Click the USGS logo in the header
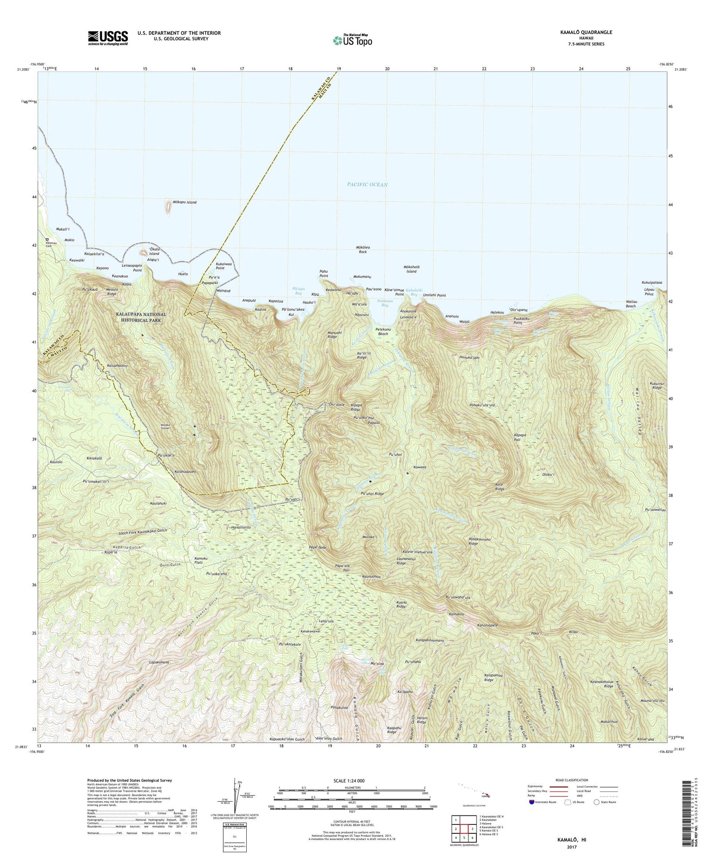click(x=108, y=38)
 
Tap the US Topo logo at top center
click(x=352, y=41)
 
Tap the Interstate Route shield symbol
click(x=532, y=802)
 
